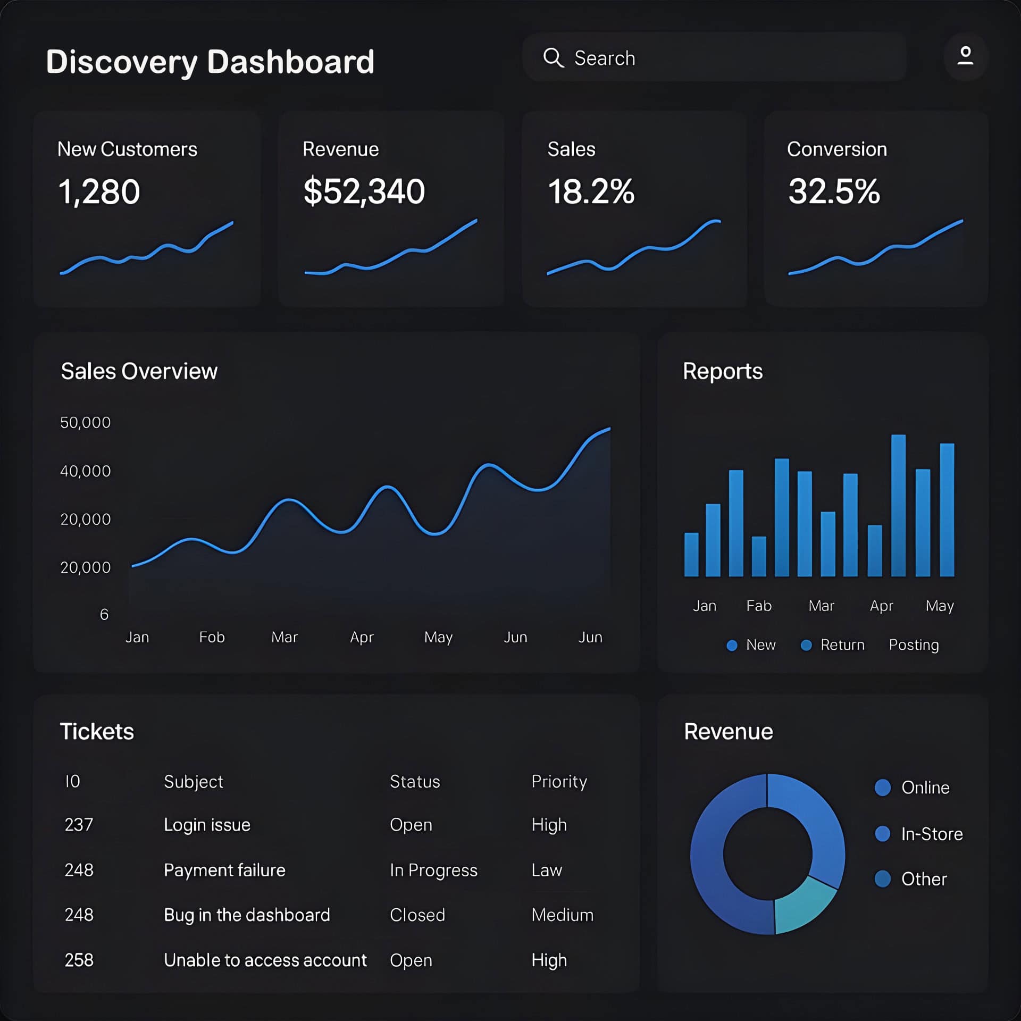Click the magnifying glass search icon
[x=553, y=57]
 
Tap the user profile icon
[x=965, y=56]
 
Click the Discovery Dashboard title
[x=210, y=62]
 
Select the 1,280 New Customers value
[x=99, y=191]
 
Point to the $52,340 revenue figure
[x=364, y=191]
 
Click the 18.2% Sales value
[x=591, y=191]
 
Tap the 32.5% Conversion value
[x=833, y=191]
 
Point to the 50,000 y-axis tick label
[x=85, y=423]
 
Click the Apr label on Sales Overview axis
[x=362, y=637]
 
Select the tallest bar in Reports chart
[x=898, y=505]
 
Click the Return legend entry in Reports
[x=842, y=645]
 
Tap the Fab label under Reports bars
[x=759, y=606]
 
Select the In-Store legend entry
[x=931, y=834]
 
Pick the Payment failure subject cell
[x=224, y=870]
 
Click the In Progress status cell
[x=433, y=870]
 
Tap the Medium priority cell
[x=562, y=915]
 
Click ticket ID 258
[x=79, y=960]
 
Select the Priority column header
[x=559, y=782]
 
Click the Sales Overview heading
[x=139, y=371]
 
